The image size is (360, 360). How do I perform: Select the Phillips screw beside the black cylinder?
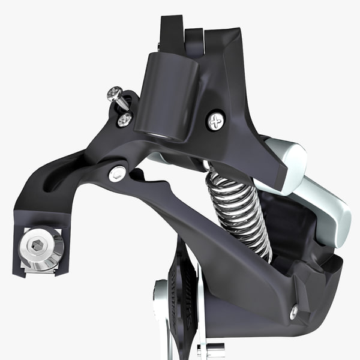tap(215, 121)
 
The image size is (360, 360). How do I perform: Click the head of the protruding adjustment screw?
tap(114, 94)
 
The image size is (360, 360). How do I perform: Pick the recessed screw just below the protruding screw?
tap(124, 120)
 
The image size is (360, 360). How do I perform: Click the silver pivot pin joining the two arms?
tap(118, 174)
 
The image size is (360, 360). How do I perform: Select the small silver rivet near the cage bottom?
tap(293, 312)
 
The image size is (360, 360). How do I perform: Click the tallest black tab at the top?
tap(171, 33)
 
